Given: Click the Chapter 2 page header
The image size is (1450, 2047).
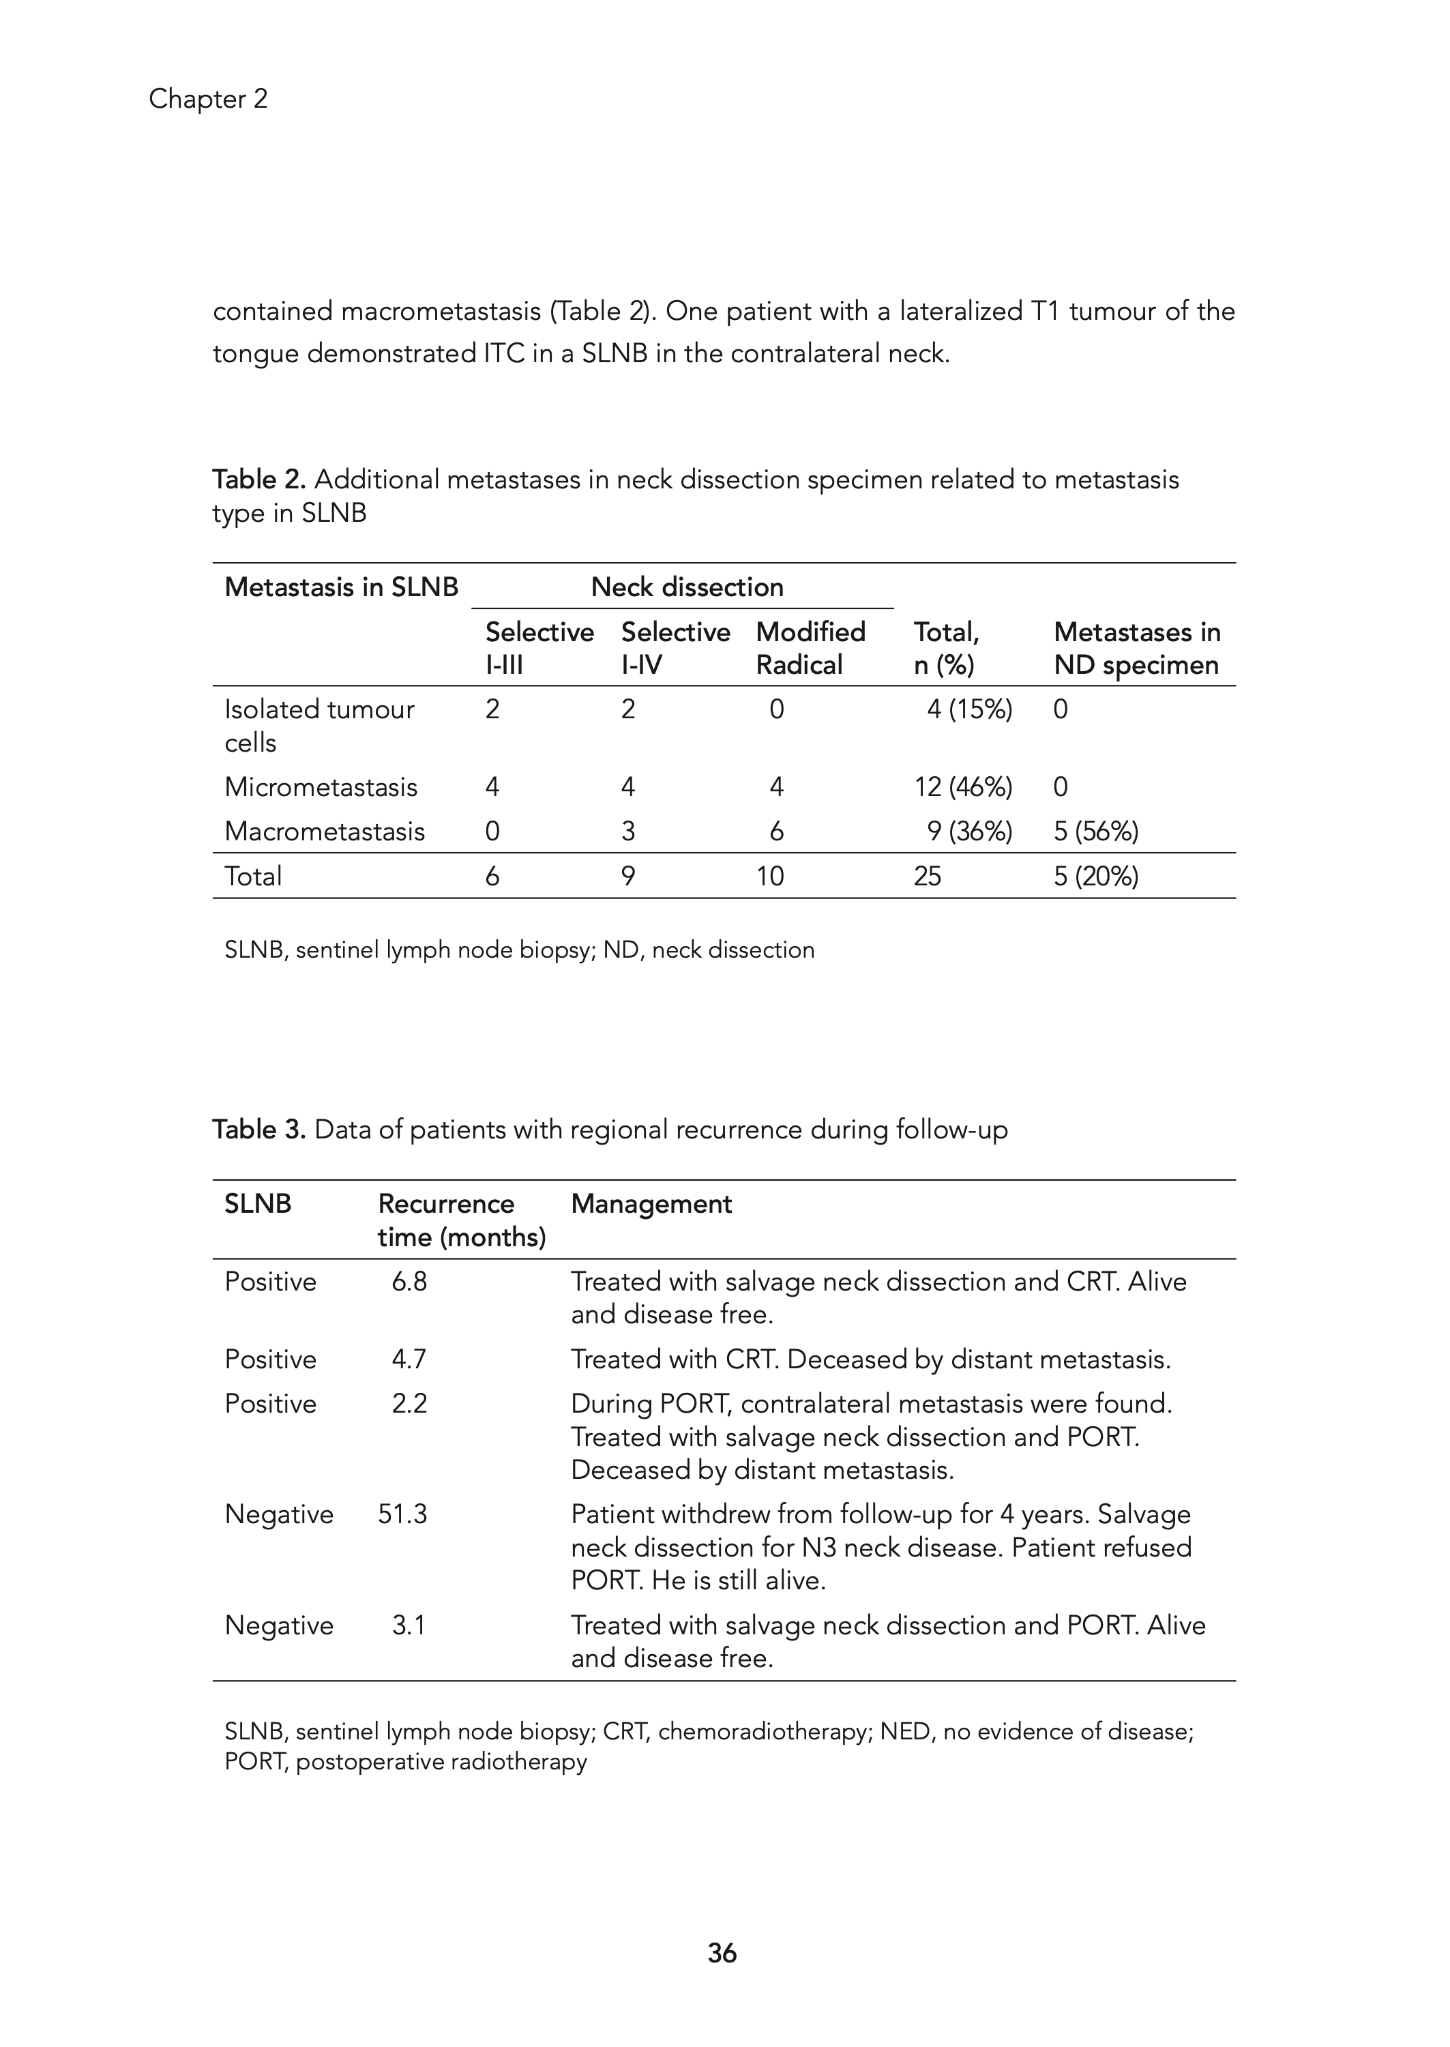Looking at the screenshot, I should pos(208,99).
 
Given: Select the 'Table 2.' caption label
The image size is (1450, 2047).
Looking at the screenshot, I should pos(259,480).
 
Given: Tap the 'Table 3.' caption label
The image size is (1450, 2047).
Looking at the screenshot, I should pos(259,1130).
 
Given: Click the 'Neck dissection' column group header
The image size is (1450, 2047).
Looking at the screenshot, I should pos(687,587).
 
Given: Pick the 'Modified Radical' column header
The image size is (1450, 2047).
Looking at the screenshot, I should pos(810,648).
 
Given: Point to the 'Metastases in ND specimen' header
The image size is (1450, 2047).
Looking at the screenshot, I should pos(1137,648).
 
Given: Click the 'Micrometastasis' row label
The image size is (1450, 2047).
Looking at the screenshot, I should pos(321,786).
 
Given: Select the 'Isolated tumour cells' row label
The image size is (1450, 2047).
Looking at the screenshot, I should pos(319,726).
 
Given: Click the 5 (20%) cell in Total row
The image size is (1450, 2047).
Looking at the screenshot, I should pos(1095,876).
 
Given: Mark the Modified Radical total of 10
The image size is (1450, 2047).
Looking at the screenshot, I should pos(769,876).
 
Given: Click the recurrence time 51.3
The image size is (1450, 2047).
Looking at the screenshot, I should pos(402,1514).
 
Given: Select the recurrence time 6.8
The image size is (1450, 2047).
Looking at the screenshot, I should pos(409,1281).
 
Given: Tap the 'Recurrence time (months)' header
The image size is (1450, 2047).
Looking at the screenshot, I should pos(461,1220).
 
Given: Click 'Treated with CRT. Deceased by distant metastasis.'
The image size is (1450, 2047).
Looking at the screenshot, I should pos(870,1359).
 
